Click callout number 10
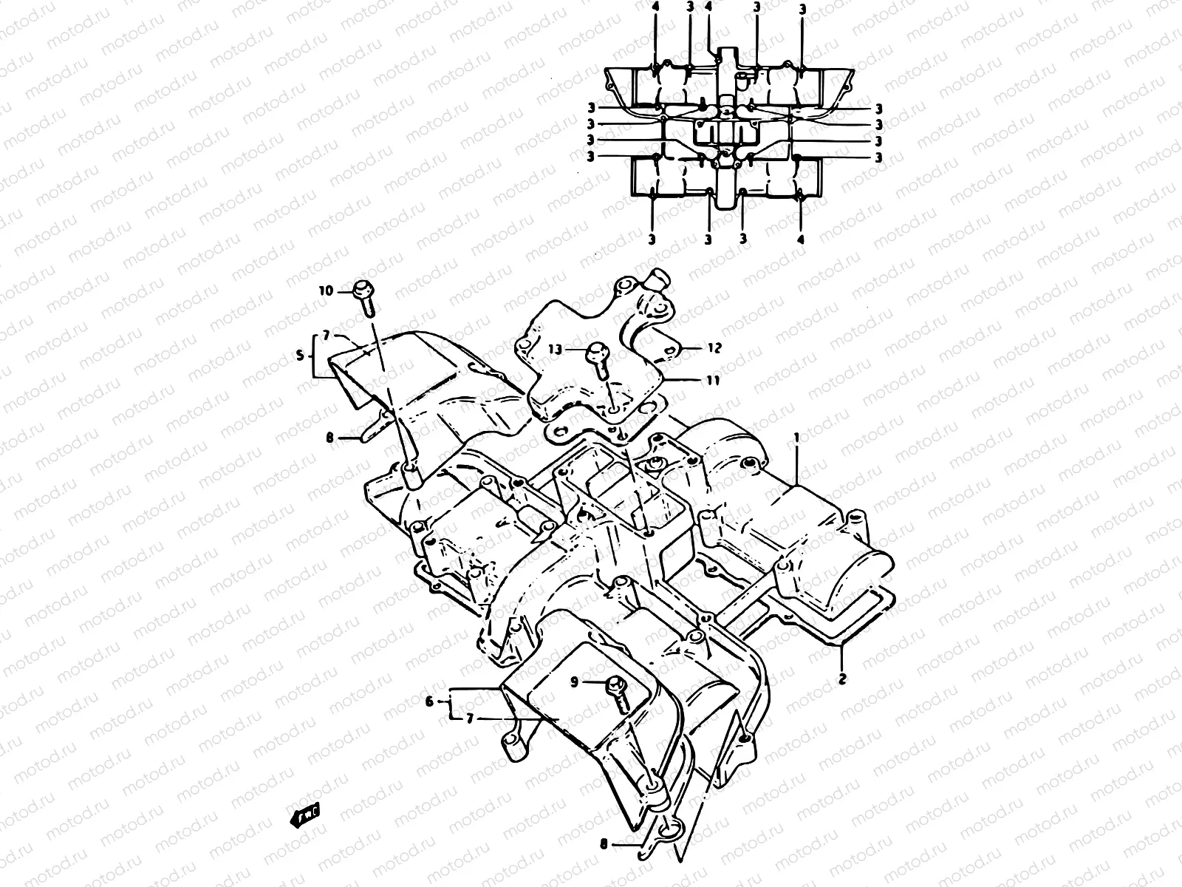327,291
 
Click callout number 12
714,347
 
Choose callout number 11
712,381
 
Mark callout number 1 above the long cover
797,438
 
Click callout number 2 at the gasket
841,676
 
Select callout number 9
575,682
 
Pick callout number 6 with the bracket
428,700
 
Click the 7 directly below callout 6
468,718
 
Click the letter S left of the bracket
300,356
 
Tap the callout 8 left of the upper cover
329,438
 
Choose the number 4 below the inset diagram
801,239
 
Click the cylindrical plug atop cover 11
657,281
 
